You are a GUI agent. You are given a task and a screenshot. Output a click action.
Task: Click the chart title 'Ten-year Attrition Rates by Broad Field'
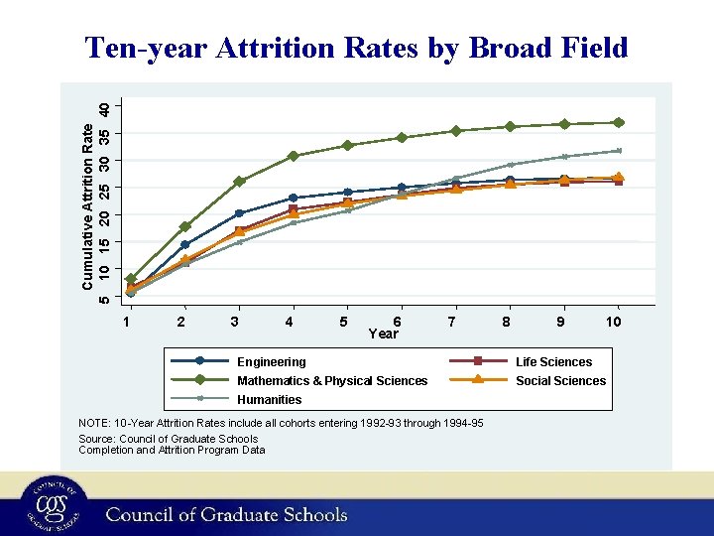(356, 48)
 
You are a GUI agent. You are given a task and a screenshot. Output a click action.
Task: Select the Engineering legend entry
(271, 362)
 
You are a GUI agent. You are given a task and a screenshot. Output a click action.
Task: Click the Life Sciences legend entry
(553, 362)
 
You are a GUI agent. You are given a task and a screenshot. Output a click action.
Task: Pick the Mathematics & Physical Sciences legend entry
(332, 381)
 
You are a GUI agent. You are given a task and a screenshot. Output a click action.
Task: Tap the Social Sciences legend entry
(560, 381)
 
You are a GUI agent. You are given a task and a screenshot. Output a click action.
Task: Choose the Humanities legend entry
(269, 400)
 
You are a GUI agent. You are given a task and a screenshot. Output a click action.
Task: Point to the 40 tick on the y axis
(117, 106)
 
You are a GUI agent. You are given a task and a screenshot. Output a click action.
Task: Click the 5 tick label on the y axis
(108, 297)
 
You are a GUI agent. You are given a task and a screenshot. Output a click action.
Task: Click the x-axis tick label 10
(614, 322)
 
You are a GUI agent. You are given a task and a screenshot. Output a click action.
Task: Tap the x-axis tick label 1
(127, 322)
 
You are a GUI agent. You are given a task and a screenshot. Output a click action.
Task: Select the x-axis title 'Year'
(383, 334)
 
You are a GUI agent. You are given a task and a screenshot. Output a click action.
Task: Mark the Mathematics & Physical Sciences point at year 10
(618, 123)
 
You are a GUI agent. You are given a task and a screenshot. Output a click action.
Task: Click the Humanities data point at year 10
(618, 151)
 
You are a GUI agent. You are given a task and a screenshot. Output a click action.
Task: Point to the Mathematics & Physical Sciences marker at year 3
(239, 182)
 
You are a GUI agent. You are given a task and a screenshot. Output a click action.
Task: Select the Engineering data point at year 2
(184, 244)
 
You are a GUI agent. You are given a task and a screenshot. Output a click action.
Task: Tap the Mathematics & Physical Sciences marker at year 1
(131, 279)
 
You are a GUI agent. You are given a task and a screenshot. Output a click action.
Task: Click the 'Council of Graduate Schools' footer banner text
(227, 514)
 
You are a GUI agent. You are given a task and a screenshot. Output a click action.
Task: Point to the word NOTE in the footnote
(95, 424)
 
